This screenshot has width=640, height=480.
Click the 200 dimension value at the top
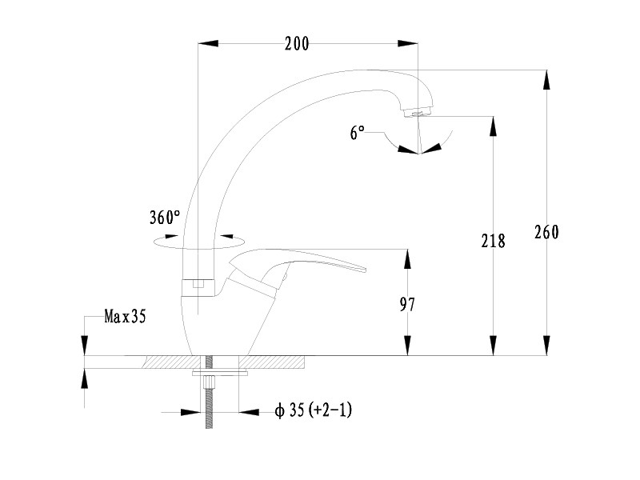[297, 44]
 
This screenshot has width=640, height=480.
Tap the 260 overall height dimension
[546, 232]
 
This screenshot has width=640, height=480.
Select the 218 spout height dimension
[493, 241]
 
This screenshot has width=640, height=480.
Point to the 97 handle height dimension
[407, 305]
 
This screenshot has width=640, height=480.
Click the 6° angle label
[357, 133]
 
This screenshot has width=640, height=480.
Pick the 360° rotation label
[165, 218]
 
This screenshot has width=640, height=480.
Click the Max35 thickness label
[125, 316]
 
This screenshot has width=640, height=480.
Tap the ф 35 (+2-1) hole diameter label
[313, 410]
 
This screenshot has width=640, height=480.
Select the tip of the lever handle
[365, 270]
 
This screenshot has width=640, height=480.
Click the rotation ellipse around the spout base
[199, 242]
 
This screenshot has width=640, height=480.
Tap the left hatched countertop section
[172, 362]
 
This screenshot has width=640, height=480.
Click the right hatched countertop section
[272, 362]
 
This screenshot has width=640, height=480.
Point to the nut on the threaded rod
[209, 383]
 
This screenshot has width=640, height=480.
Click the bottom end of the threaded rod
[209, 428]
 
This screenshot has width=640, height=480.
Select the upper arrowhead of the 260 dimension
[546, 79]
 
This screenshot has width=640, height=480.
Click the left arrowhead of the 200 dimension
[208, 43]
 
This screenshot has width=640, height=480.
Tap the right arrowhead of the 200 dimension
[408, 43]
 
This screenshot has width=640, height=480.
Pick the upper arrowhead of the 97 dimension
[407, 258]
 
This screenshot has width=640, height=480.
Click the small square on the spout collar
[198, 283]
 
